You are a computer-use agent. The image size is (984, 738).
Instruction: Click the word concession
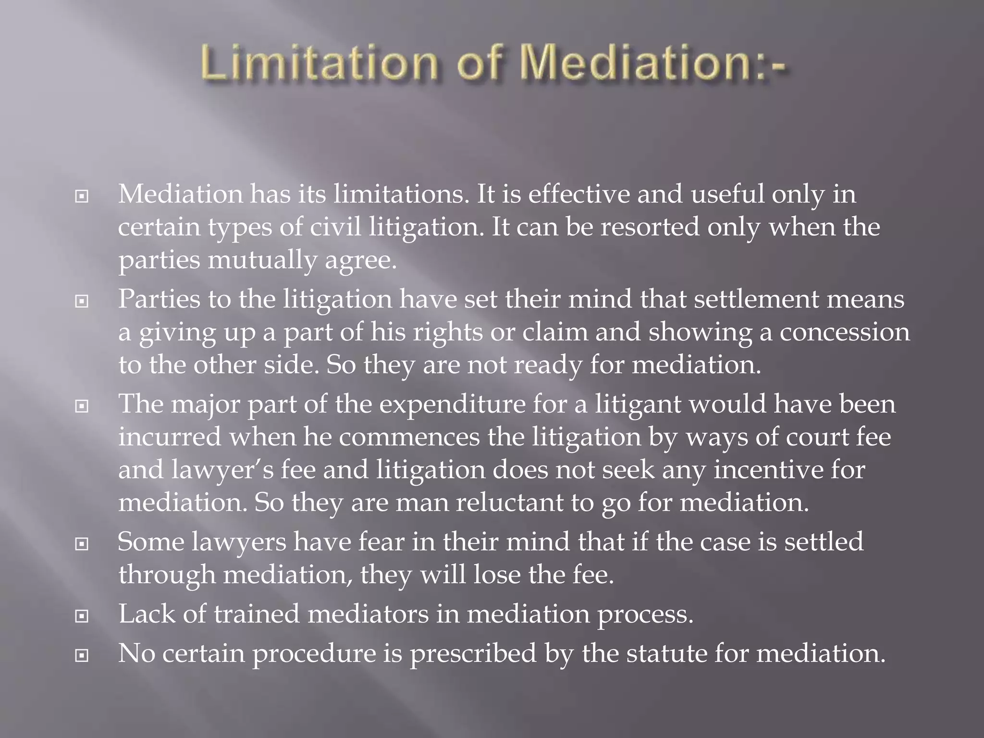[x=844, y=332]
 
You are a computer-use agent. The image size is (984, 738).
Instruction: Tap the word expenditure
[x=452, y=404]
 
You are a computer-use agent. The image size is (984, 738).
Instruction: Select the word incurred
[x=170, y=437]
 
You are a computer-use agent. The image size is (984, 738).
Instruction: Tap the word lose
[x=497, y=574]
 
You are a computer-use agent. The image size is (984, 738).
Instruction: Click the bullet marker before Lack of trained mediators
[x=82, y=615]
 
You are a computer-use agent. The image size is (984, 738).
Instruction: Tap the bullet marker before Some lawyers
[x=82, y=544]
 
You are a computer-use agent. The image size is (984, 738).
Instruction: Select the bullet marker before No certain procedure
[x=82, y=655]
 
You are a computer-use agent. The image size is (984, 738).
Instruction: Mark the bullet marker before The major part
[x=82, y=406]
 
